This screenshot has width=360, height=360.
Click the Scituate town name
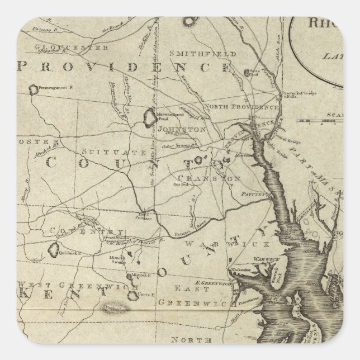(105, 151)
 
